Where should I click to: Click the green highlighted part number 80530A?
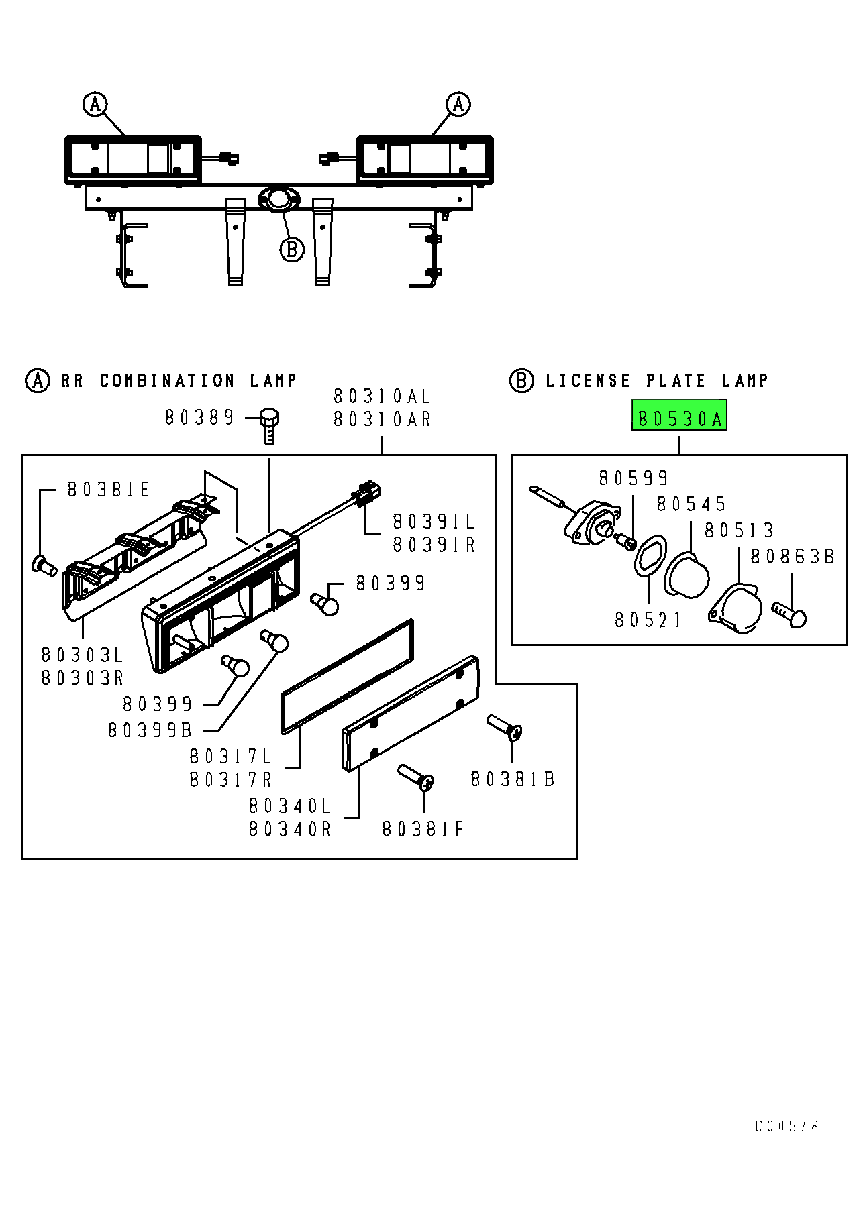click(679, 419)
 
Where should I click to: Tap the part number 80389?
click(199, 417)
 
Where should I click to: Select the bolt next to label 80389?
click(269, 426)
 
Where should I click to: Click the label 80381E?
click(108, 490)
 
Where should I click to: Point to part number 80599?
click(634, 478)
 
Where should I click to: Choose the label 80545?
click(691, 504)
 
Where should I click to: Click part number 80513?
click(739, 531)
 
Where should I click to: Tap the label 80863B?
click(793, 557)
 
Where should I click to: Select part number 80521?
click(648, 620)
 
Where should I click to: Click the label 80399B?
click(150, 730)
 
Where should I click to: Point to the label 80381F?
click(423, 830)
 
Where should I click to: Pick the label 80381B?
click(513, 779)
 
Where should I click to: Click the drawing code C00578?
click(787, 1126)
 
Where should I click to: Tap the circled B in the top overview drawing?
click(292, 249)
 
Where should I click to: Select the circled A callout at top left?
click(95, 104)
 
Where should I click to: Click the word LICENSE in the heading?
click(588, 381)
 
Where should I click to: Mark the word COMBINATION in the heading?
click(167, 381)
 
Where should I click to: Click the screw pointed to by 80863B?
click(789, 614)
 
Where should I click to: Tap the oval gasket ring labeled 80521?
click(650, 556)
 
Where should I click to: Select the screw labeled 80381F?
click(416, 777)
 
